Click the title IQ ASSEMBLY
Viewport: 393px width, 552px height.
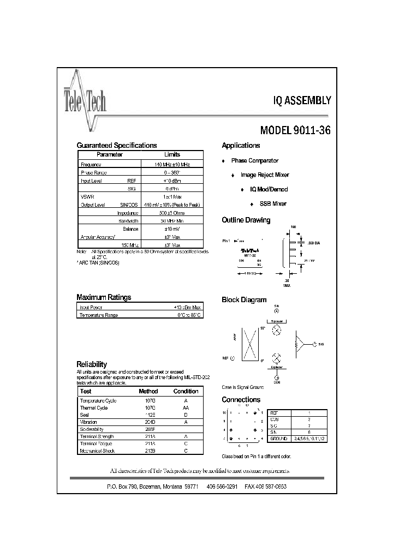(x=302, y=100)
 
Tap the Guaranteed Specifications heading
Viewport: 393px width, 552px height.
(x=116, y=146)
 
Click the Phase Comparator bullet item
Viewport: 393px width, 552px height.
(x=254, y=161)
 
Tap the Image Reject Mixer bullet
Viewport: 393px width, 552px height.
(x=265, y=175)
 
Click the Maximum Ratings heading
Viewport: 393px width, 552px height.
(x=104, y=297)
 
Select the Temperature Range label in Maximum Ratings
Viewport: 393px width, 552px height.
(x=99, y=315)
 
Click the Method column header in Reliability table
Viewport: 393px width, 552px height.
(x=148, y=391)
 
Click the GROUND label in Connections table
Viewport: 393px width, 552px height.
(x=278, y=438)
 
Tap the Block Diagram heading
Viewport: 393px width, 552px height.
(x=244, y=300)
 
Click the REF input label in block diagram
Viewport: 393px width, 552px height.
(x=225, y=358)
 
